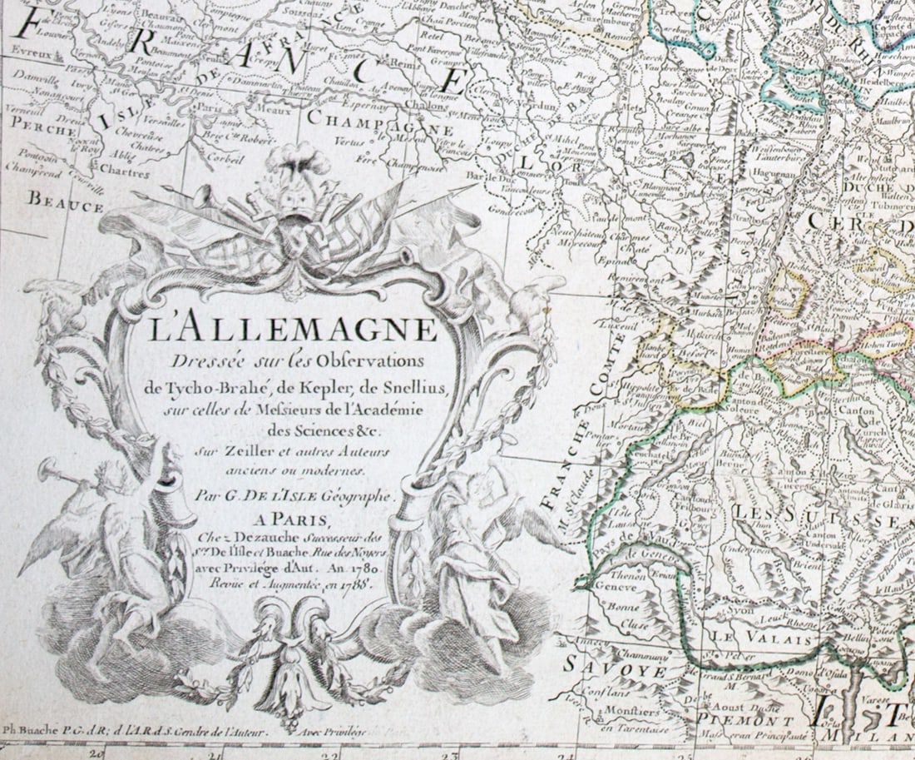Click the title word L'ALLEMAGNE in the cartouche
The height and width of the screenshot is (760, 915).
click(x=294, y=330)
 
